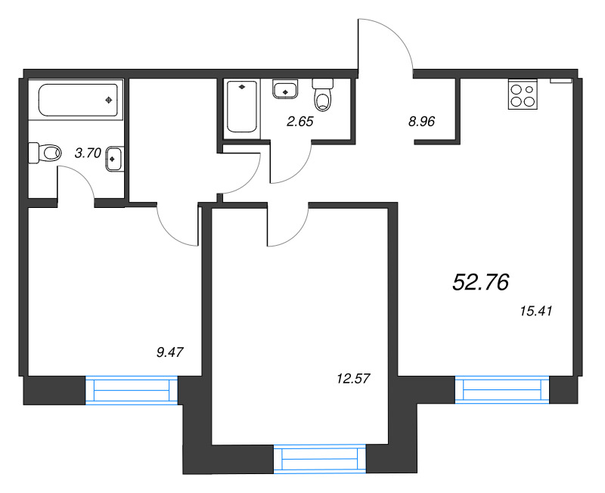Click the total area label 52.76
[480, 282]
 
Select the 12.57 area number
[352, 377]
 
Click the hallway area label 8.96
[420, 119]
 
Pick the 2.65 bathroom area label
[298, 119]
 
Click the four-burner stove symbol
[522, 95]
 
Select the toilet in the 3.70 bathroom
[45, 153]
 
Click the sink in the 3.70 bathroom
[114, 159]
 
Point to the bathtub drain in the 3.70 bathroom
[110, 99]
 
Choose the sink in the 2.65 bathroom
[285, 89]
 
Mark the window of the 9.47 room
[132, 390]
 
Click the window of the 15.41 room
[502, 389]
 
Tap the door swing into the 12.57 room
[287, 227]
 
